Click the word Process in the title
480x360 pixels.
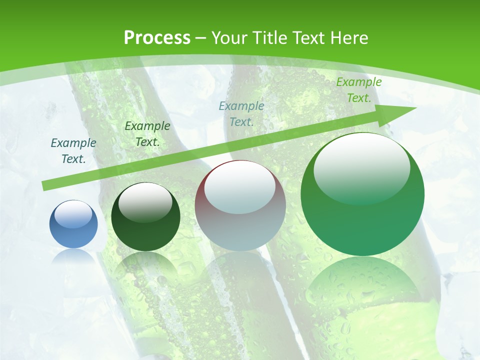(157, 37)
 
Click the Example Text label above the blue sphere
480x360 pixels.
(73, 150)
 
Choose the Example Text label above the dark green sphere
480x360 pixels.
(147, 133)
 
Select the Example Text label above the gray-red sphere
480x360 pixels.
(241, 113)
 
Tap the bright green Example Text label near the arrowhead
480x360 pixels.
(358, 90)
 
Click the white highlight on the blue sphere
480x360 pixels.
(73, 214)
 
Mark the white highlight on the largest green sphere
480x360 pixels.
(361, 167)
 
